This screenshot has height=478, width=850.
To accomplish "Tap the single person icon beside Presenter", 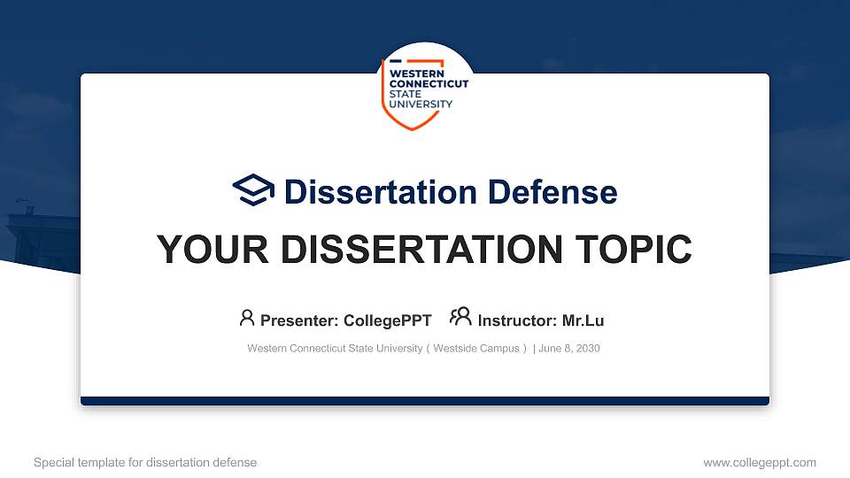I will coord(247,318).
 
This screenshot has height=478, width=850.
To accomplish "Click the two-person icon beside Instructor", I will coord(460,317).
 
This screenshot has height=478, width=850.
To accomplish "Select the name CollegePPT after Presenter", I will coord(387,320).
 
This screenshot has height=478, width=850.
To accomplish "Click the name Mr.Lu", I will coord(583,320).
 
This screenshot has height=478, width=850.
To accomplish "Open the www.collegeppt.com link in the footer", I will coord(759,462).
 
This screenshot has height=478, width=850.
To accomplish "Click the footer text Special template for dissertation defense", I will coord(145,462).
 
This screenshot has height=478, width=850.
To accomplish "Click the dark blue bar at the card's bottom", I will coord(425,401).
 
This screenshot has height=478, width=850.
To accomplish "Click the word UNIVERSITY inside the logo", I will coord(421,104).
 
